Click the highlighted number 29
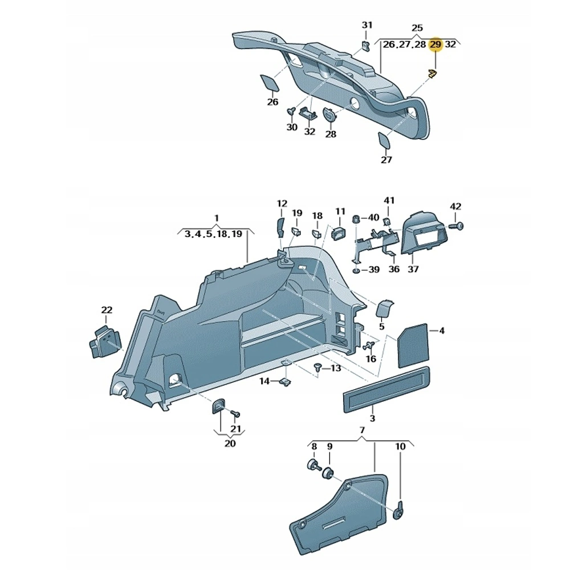(436, 44)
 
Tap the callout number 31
(367, 25)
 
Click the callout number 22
(107, 310)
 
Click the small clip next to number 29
(432, 73)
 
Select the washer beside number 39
(356, 269)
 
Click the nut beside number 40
(356, 218)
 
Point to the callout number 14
(264, 381)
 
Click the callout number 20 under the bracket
(230, 443)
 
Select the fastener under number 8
(313, 465)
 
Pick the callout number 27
(386, 160)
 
